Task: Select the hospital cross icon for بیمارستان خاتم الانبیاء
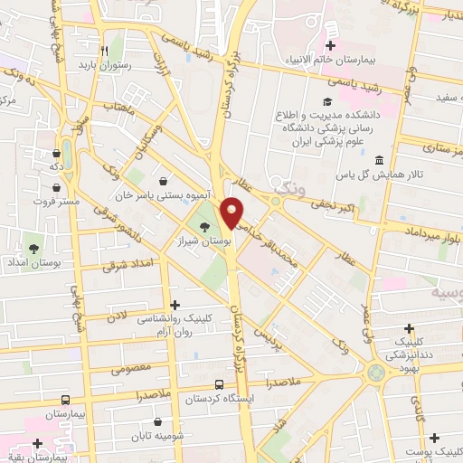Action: [332, 45]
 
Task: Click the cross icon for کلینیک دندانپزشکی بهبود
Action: [410, 328]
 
